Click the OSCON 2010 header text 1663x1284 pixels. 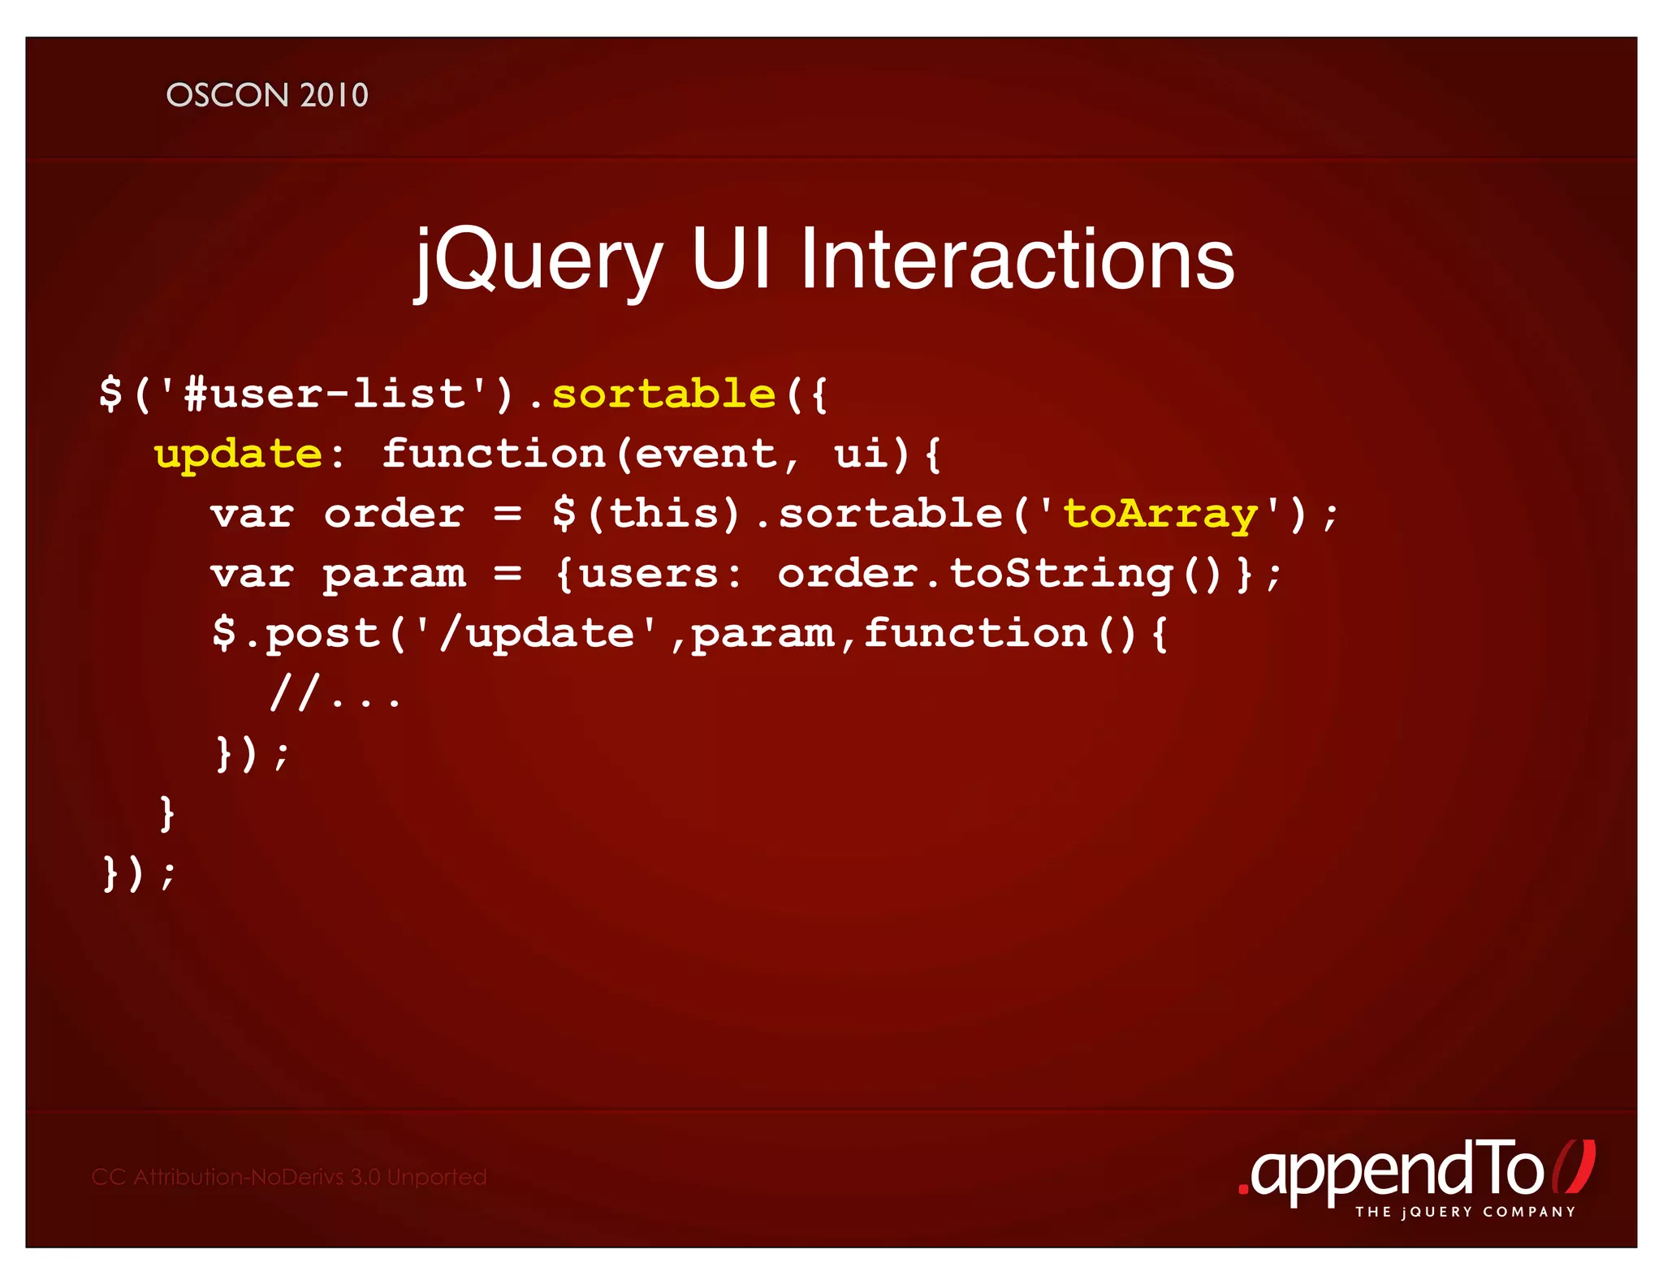point(267,96)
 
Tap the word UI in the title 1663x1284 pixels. point(731,260)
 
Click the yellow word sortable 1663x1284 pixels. point(664,394)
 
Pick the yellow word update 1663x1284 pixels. point(238,455)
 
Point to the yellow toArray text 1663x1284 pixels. point(1160,515)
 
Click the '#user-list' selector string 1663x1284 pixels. point(325,394)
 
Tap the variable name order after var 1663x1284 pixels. point(394,515)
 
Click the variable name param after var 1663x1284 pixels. point(394,575)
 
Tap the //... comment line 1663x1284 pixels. point(335,695)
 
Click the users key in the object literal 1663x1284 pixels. point(650,575)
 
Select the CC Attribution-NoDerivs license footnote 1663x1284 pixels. point(289,1177)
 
